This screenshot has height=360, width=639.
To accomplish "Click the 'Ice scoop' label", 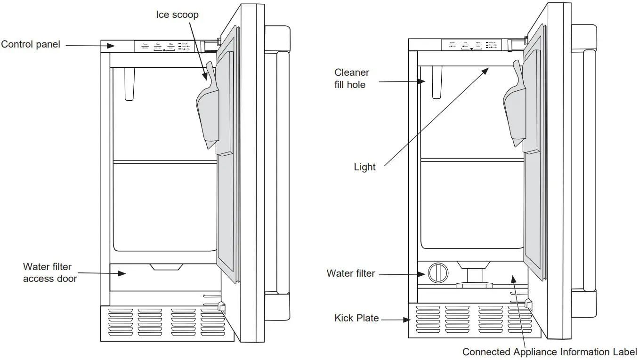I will pyautogui.click(x=177, y=15).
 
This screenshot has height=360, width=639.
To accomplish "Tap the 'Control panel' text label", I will pyautogui.click(x=31, y=45).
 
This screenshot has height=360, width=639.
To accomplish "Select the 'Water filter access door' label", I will pyautogui.click(x=49, y=272).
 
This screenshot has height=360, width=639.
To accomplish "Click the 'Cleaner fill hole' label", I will pyautogui.click(x=351, y=79).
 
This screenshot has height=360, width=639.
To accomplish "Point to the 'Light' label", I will pyautogui.click(x=364, y=167).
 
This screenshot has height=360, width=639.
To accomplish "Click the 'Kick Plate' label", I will pyautogui.click(x=356, y=318).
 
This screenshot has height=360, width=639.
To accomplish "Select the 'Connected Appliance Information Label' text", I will pyautogui.click(x=549, y=352).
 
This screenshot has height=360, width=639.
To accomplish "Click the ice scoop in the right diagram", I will pyautogui.click(x=513, y=111).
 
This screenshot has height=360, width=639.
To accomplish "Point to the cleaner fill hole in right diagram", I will pyautogui.click(x=437, y=82).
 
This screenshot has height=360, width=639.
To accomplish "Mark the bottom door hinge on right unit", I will pyautogui.click(x=529, y=304).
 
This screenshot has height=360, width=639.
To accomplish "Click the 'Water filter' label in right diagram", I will pyautogui.click(x=351, y=273).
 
